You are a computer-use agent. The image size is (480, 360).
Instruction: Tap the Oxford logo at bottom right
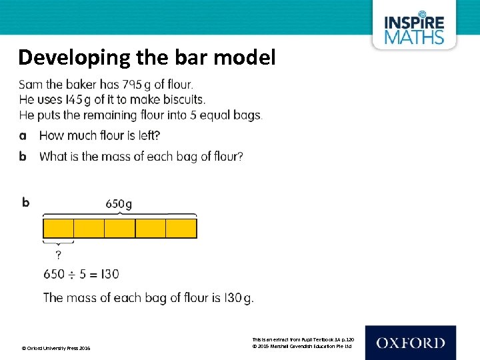[410, 343]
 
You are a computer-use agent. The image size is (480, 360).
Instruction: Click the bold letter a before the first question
[23, 136]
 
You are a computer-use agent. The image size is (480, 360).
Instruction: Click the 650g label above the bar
[119, 204]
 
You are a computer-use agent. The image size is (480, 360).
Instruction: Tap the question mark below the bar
[59, 255]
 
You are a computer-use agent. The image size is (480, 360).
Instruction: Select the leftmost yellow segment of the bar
[59, 229]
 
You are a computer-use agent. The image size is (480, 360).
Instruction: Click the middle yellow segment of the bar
[120, 229]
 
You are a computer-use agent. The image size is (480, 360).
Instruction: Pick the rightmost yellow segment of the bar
[181, 229]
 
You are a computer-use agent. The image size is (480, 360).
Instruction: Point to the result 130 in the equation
[109, 274]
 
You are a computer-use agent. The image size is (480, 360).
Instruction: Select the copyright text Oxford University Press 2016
[56, 348]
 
